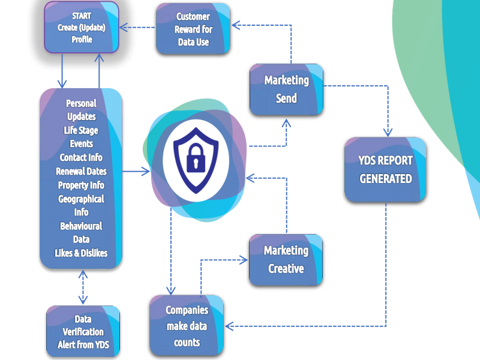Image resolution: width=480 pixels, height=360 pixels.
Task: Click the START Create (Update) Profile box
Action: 81,27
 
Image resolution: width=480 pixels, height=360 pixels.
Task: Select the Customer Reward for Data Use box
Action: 193,29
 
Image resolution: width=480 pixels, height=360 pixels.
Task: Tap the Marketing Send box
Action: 286,89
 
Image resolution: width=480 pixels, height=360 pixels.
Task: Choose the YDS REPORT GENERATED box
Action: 385,170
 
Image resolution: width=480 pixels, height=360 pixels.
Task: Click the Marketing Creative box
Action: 286,259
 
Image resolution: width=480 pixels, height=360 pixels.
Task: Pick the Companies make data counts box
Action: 187,326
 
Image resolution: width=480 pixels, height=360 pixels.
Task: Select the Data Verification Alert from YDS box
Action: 83,332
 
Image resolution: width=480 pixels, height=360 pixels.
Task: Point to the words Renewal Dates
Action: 81,172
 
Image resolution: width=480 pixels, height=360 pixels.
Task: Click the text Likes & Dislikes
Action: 81,253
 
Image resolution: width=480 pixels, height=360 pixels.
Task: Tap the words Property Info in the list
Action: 81,185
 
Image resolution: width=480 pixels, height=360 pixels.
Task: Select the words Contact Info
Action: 81,158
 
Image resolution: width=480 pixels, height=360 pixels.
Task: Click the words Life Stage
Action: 81,130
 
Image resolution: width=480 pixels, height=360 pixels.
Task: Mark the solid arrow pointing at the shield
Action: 137,172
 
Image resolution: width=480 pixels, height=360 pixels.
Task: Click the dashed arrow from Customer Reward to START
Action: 138,27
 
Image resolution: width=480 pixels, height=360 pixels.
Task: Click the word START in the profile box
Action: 82,17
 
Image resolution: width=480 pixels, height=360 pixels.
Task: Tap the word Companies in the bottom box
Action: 187,311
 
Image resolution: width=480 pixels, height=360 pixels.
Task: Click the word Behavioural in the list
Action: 81,226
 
